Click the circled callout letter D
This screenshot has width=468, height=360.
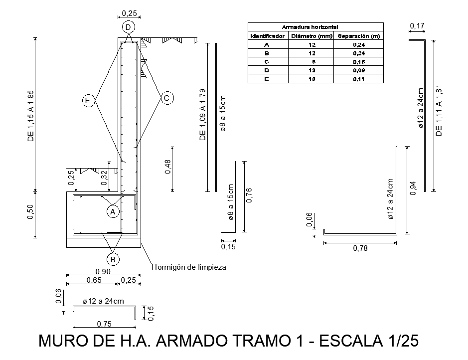[x=129, y=27]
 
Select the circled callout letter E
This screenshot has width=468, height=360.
[x=88, y=100]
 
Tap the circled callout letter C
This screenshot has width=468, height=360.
[x=167, y=98]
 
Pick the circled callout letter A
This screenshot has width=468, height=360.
[x=113, y=211]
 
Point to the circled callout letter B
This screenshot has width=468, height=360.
[x=113, y=259]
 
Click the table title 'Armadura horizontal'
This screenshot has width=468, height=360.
[x=310, y=27]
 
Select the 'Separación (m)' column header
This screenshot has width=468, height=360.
[x=359, y=36]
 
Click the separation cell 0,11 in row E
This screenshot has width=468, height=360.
[x=359, y=79]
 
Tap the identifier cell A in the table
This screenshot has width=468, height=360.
[x=267, y=45]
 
